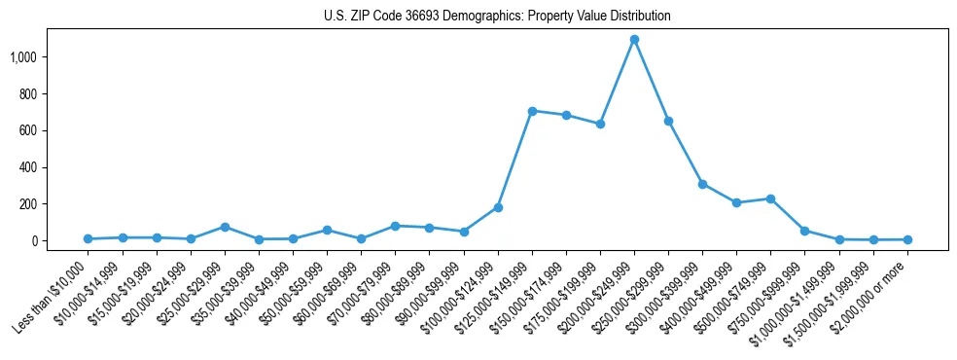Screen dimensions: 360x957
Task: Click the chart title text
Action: click(x=497, y=17)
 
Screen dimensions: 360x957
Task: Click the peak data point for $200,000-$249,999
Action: click(x=634, y=40)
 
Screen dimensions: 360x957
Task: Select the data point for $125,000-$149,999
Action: click(x=532, y=111)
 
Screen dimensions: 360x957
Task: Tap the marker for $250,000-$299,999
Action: click(x=668, y=121)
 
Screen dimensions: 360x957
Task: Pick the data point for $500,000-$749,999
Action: click(x=770, y=198)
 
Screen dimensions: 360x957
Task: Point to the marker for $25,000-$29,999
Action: click(x=225, y=227)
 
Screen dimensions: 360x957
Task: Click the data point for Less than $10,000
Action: click(x=88, y=238)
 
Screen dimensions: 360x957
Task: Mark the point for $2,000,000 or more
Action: click(x=907, y=239)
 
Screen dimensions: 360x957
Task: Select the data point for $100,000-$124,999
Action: click(x=498, y=207)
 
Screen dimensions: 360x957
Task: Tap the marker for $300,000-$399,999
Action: click(x=702, y=184)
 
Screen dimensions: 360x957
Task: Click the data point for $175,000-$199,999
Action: click(x=600, y=124)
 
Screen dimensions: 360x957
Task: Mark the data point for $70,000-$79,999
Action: click(x=395, y=226)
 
